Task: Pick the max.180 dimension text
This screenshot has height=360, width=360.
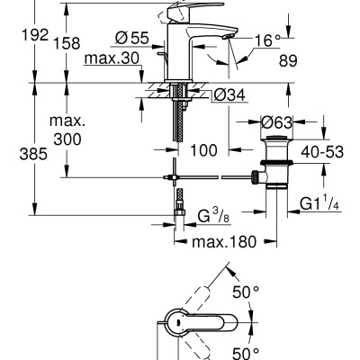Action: pyautogui.click(x=222, y=241)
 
